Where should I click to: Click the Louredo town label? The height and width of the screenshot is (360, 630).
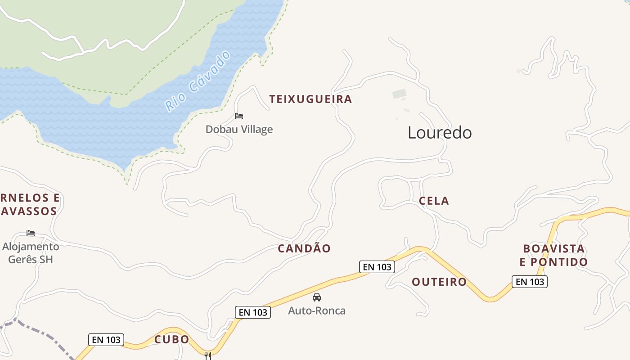pos(440,133)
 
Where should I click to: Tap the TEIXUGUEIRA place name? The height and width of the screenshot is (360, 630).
pos(310,99)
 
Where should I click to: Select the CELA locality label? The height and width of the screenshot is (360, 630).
pos(434,201)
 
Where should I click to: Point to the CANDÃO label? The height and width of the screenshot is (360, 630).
pos(304,248)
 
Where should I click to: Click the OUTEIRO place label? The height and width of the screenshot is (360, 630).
pos(439,282)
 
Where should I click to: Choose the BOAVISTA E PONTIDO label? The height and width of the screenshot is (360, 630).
pos(554,255)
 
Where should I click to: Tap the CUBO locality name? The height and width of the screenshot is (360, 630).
pos(172,340)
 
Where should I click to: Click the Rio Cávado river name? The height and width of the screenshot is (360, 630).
pos(198,81)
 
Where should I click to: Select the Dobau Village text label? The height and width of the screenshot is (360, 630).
pos(239,130)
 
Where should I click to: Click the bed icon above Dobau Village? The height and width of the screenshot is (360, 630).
pos(239,116)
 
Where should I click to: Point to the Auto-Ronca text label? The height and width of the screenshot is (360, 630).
pos(317,311)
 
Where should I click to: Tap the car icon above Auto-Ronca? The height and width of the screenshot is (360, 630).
pos(317,297)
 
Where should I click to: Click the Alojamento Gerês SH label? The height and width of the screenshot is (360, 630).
pos(31,253)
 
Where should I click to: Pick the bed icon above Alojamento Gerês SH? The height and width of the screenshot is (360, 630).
pos(31,233)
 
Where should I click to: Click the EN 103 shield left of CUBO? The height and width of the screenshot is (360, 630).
pos(106,340)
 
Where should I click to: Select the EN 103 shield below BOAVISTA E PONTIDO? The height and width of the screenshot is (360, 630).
pos(530,282)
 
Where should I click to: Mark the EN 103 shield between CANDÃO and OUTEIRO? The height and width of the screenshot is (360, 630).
pos(377,267)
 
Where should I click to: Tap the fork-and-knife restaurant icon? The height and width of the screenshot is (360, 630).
pos(208,355)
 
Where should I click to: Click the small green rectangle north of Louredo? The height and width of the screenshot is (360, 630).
pos(399,94)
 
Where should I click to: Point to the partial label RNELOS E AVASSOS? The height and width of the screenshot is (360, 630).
pos(30,205)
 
